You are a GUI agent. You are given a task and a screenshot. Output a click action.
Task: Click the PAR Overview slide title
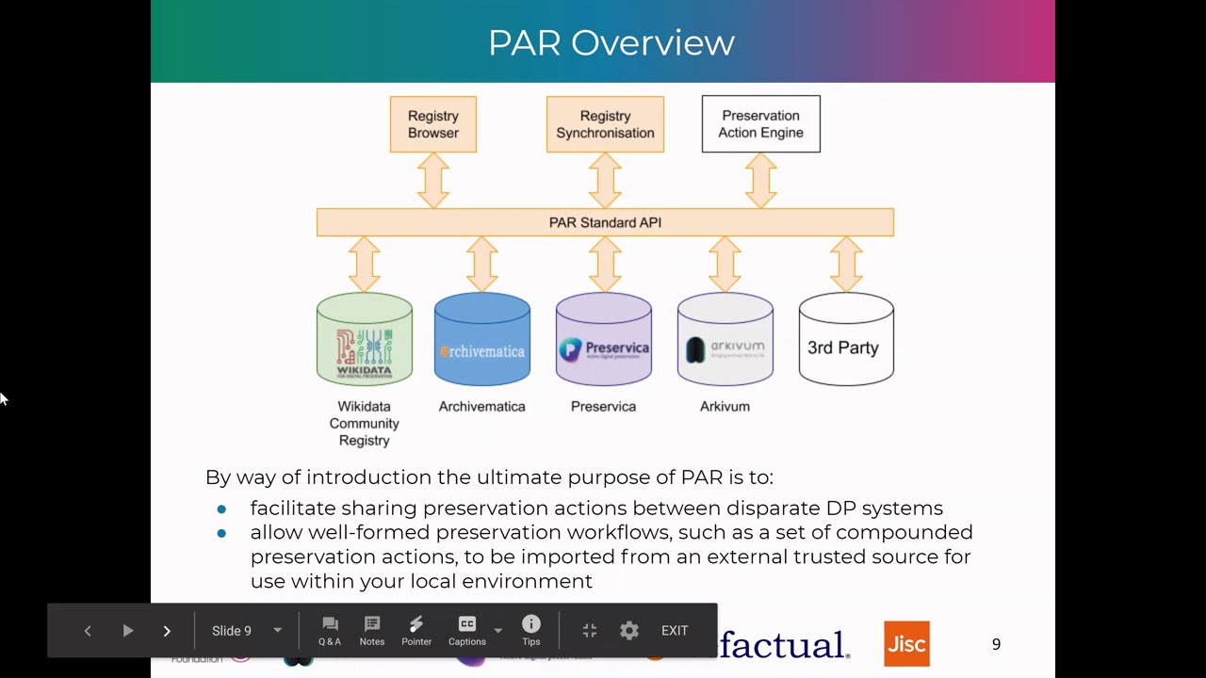tap(611, 42)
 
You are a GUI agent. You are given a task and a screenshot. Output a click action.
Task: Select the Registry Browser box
tap(433, 124)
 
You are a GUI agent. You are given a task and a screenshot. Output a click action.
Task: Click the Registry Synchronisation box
tap(605, 124)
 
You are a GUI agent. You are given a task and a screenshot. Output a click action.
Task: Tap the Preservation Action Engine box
tap(760, 124)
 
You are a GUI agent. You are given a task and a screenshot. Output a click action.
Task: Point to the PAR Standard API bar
tap(605, 222)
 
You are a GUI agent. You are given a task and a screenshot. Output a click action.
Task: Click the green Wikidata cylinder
tap(365, 340)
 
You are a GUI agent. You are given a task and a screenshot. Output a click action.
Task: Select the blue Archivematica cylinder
tap(482, 340)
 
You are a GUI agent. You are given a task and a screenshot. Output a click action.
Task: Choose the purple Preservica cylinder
tap(604, 340)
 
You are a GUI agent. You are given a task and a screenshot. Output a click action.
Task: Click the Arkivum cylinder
tap(725, 340)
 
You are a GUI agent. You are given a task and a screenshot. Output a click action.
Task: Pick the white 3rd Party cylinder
tap(845, 340)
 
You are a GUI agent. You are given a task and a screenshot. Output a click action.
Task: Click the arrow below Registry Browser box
tap(433, 180)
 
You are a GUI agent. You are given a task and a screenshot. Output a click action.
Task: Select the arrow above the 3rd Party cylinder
tap(846, 264)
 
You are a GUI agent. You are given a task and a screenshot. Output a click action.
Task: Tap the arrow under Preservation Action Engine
tap(760, 180)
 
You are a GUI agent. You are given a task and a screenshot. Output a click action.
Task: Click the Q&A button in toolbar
tap(330, 631)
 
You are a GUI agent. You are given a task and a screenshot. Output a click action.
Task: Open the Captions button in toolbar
tap(467, 631)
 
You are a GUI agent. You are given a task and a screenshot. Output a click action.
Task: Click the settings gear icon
tap(629, 631)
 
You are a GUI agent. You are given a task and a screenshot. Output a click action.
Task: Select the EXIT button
tap(675, 631)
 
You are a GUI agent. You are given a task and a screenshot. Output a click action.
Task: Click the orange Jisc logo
tap(906, 644)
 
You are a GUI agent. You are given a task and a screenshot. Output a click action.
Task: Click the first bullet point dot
tap(221, 508)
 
